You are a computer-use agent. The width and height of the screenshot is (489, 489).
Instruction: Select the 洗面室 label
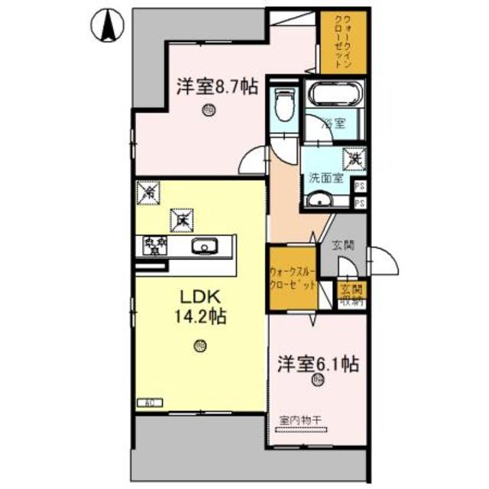tap(326, 179)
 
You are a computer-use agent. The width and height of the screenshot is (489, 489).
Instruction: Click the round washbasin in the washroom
tap(319, 201)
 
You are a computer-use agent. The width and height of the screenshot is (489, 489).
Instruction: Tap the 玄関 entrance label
tap(342, 245)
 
